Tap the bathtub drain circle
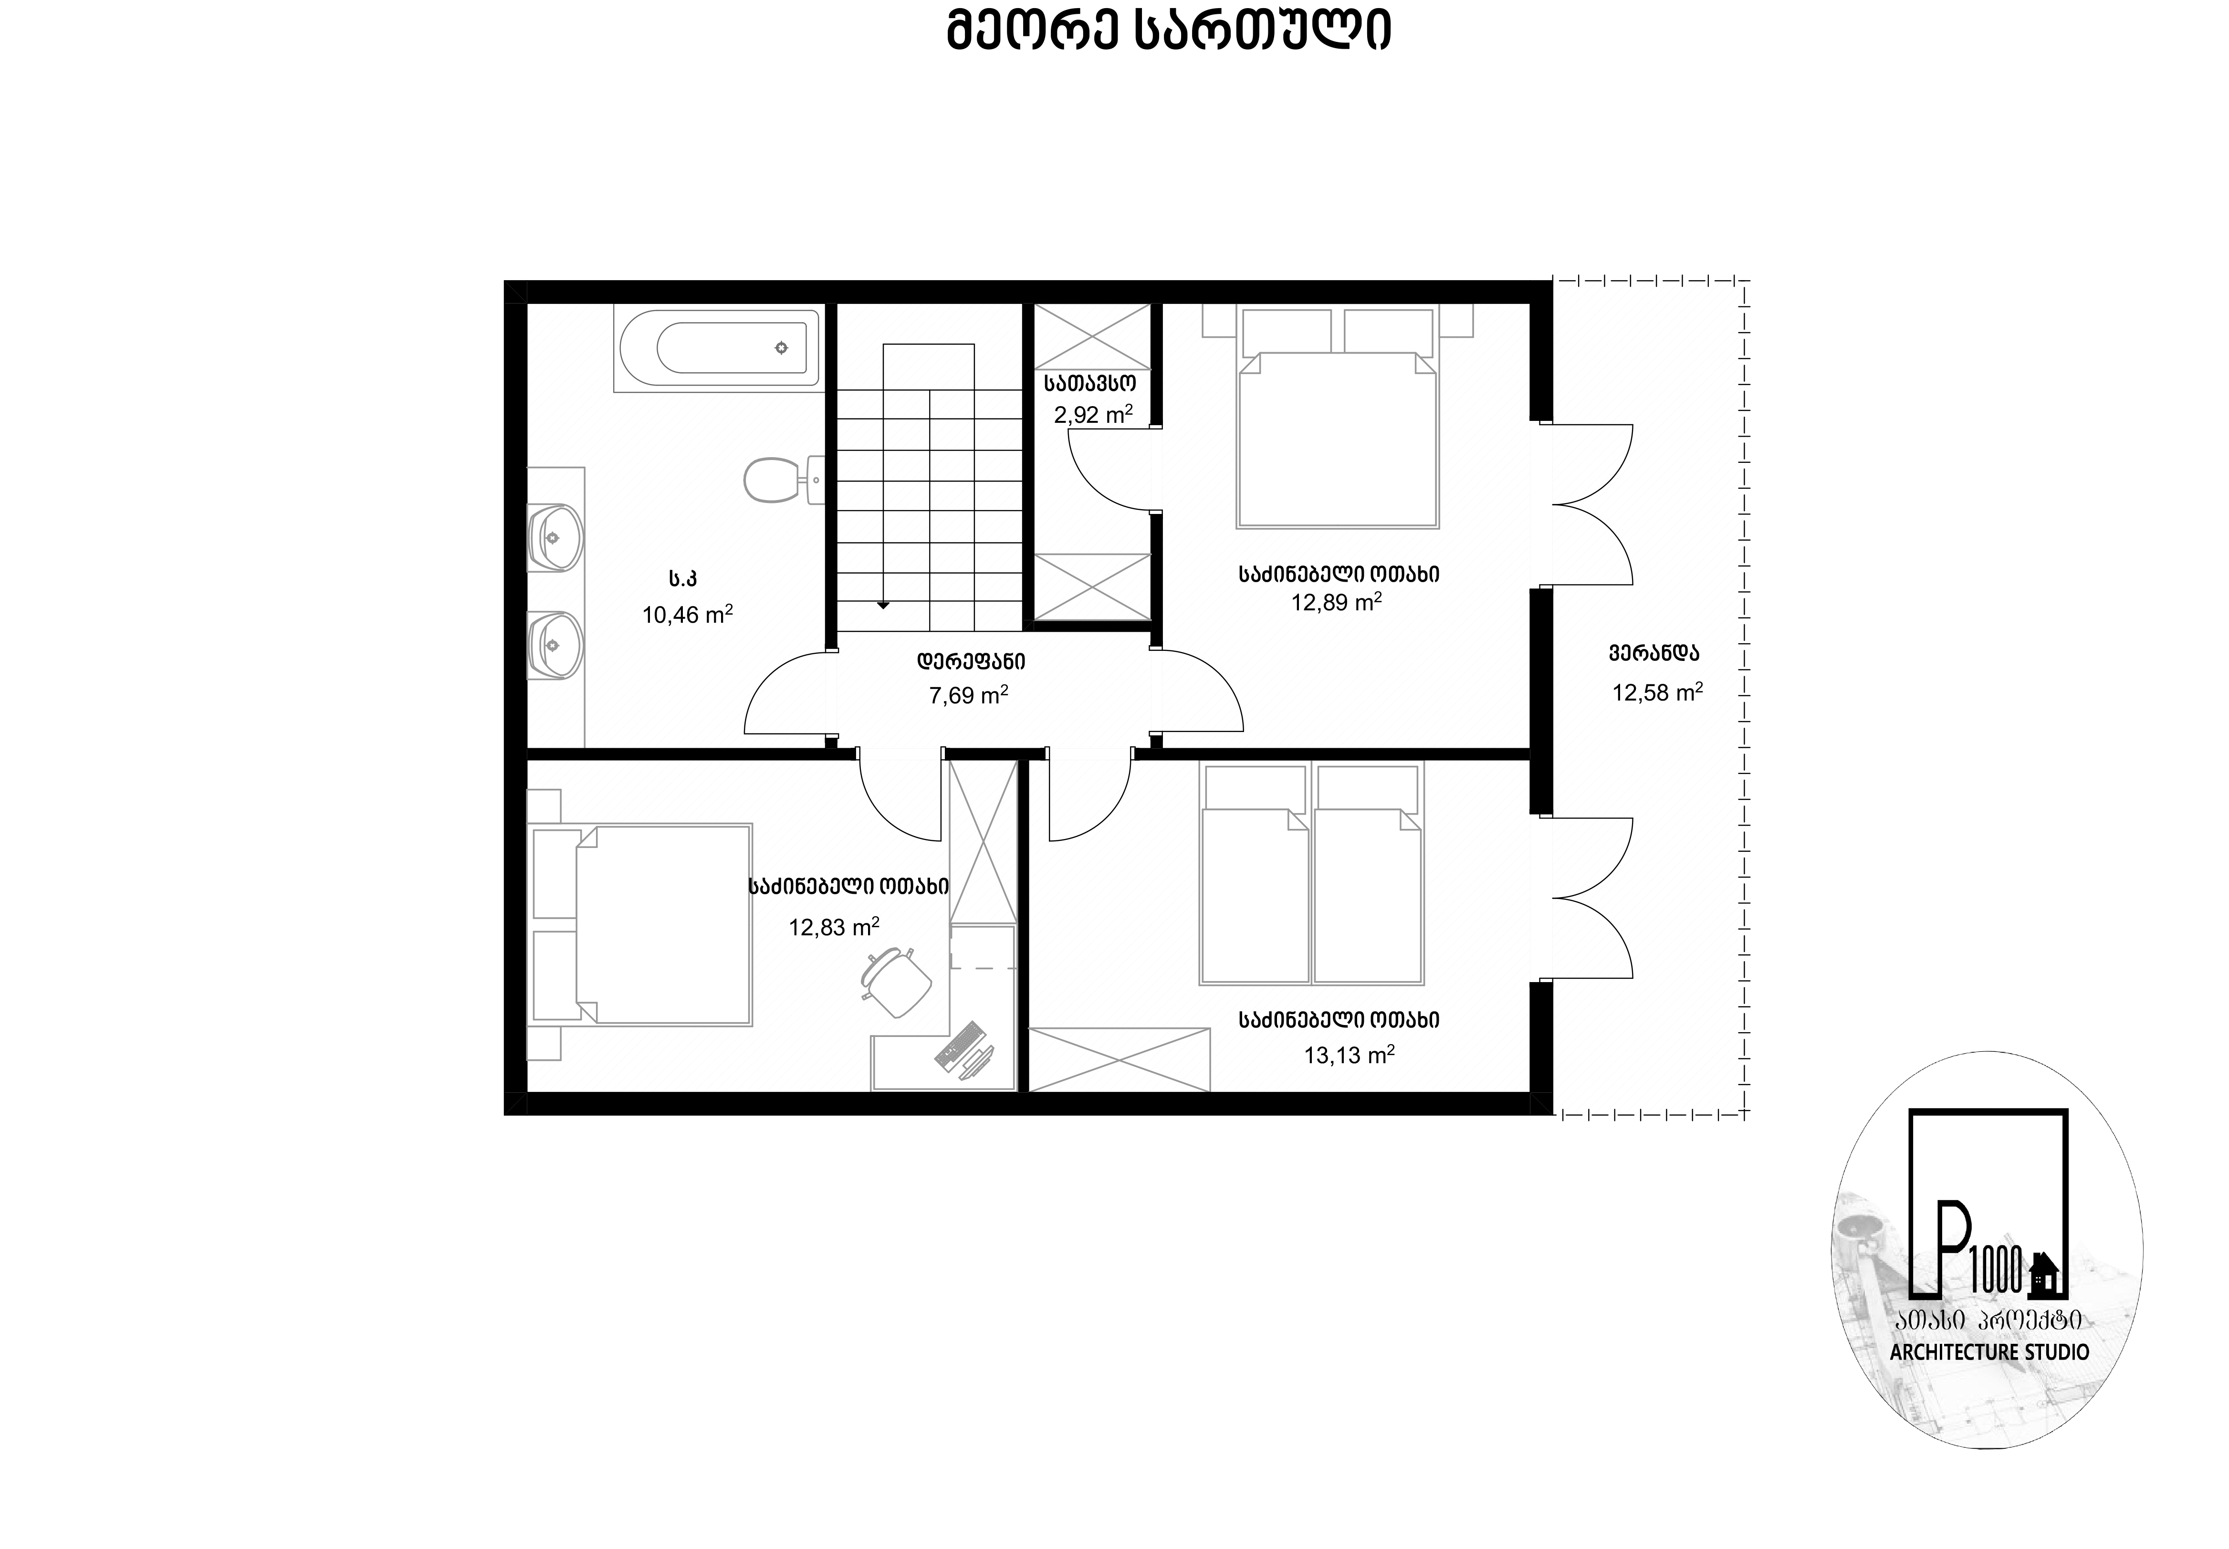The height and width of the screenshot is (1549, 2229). coord(781,347)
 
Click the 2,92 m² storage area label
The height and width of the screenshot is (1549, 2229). coord(1094,414)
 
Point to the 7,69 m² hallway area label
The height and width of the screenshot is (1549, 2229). coord(968,695)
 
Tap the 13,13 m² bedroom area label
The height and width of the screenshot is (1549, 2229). coord(1349,1055)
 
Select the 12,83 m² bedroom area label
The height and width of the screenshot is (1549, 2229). coord(834,927)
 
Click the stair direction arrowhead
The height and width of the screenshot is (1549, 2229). coord(883,606)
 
